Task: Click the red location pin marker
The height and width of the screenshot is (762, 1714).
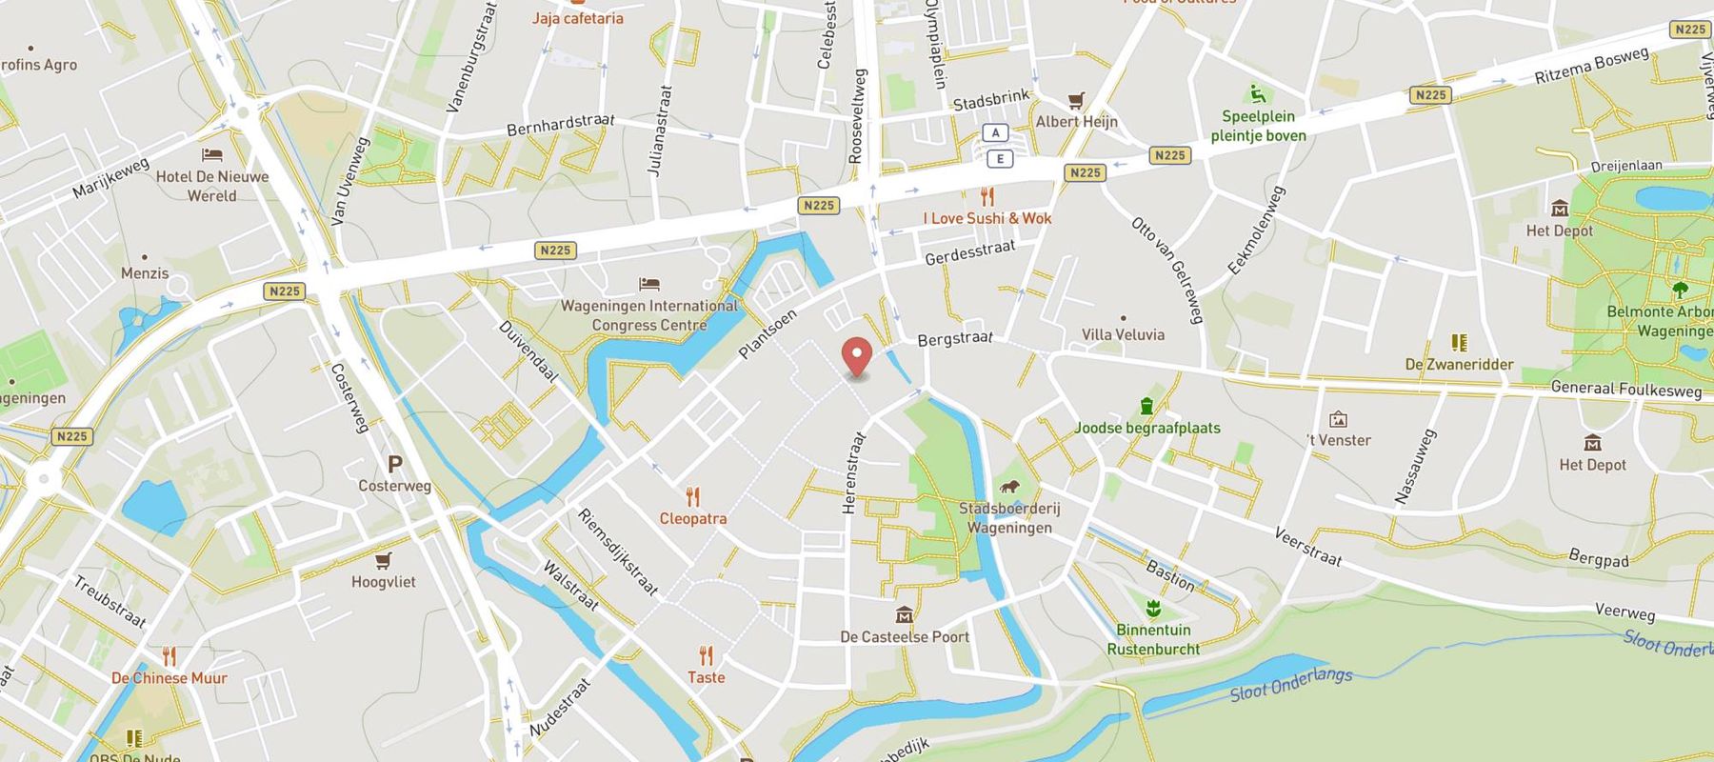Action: (858, 358)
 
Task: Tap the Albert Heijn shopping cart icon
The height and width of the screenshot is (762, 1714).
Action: (1076, 100)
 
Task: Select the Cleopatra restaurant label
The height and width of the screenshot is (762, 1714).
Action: (693, 518)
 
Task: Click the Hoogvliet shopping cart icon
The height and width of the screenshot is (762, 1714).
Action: (383, 560)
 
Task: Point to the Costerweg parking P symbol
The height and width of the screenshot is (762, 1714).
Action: (394, 464)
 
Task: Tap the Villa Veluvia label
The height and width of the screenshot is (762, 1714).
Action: (1123, 334)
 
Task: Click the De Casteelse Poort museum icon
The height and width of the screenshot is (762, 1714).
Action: (904, 615)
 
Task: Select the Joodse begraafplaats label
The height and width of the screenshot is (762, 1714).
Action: (1146, 428)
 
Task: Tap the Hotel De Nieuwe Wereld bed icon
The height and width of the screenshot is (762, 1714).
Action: (211, 154)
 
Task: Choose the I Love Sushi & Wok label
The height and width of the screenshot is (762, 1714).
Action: (987, 218)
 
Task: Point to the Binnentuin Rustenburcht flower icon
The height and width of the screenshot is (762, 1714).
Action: (1153, 608)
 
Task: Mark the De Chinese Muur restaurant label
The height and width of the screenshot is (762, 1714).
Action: (169, 678)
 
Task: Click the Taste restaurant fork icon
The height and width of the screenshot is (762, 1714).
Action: (706, 655)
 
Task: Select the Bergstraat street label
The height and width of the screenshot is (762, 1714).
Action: (954, 338)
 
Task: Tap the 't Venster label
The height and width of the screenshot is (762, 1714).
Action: (1339, 440)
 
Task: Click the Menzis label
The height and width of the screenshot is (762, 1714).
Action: (145, 273)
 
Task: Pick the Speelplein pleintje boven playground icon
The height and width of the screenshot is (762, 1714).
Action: (1258, 94)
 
